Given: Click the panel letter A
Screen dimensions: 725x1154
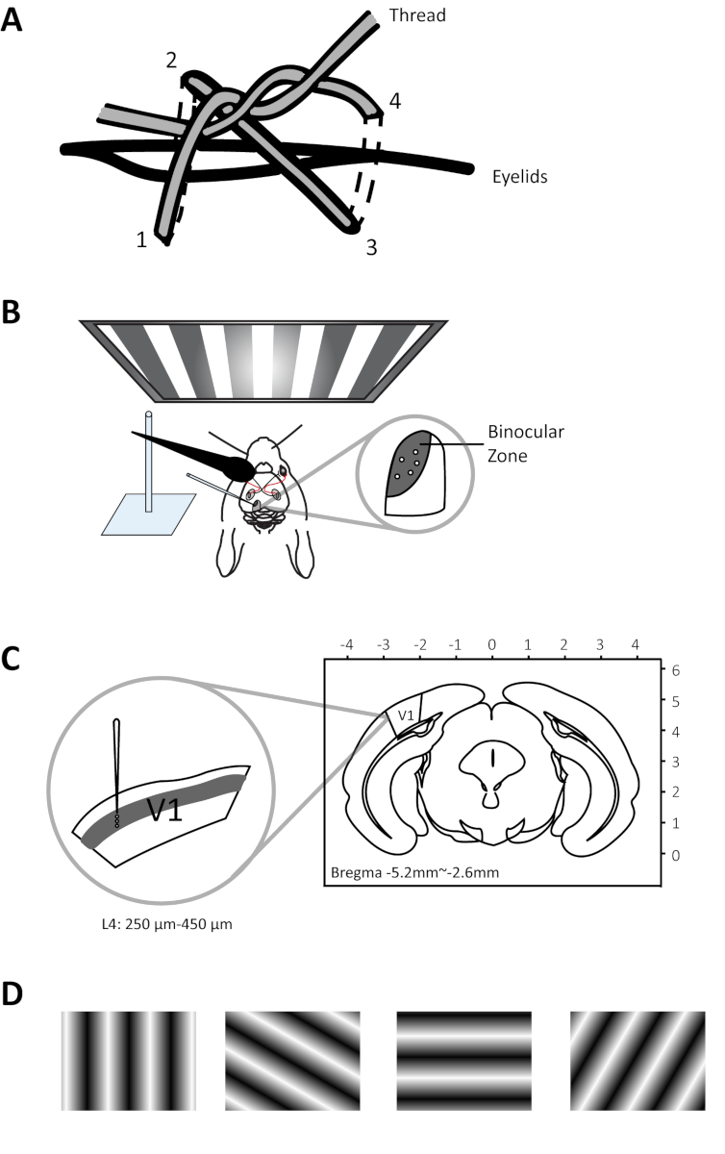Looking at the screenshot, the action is click(12, 21).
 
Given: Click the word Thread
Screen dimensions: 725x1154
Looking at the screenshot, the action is click(417, 15).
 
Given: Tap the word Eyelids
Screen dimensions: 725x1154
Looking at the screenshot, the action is click(519, 177).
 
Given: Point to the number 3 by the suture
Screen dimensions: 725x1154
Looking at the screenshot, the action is click(371, 248).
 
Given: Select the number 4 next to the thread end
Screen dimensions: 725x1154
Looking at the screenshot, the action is click(394, 101).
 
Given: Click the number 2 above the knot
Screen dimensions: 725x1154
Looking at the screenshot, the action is click(171, 61).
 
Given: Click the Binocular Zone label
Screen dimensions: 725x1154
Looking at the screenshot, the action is click(526, 443).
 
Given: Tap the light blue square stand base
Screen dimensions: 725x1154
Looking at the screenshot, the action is click(148, 514).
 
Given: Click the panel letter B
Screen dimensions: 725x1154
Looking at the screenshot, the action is click(11, 313).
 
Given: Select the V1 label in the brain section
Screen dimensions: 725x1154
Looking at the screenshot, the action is click(406, 715).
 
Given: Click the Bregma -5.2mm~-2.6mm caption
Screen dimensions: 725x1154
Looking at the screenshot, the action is click(414, 873).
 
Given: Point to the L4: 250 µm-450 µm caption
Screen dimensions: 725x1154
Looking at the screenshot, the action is click(167, 924).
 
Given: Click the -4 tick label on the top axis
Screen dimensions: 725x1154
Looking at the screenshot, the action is click(347, 644).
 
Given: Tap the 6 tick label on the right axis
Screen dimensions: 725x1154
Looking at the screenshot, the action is click(676, 671).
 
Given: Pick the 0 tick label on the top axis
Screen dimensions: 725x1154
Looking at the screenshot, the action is click(491, 644).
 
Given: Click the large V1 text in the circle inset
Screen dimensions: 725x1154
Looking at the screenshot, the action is click(164, 810).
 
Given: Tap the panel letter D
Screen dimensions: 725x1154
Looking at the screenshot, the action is click(12, 993).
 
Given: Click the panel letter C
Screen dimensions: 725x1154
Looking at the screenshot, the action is click(11, 659).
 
